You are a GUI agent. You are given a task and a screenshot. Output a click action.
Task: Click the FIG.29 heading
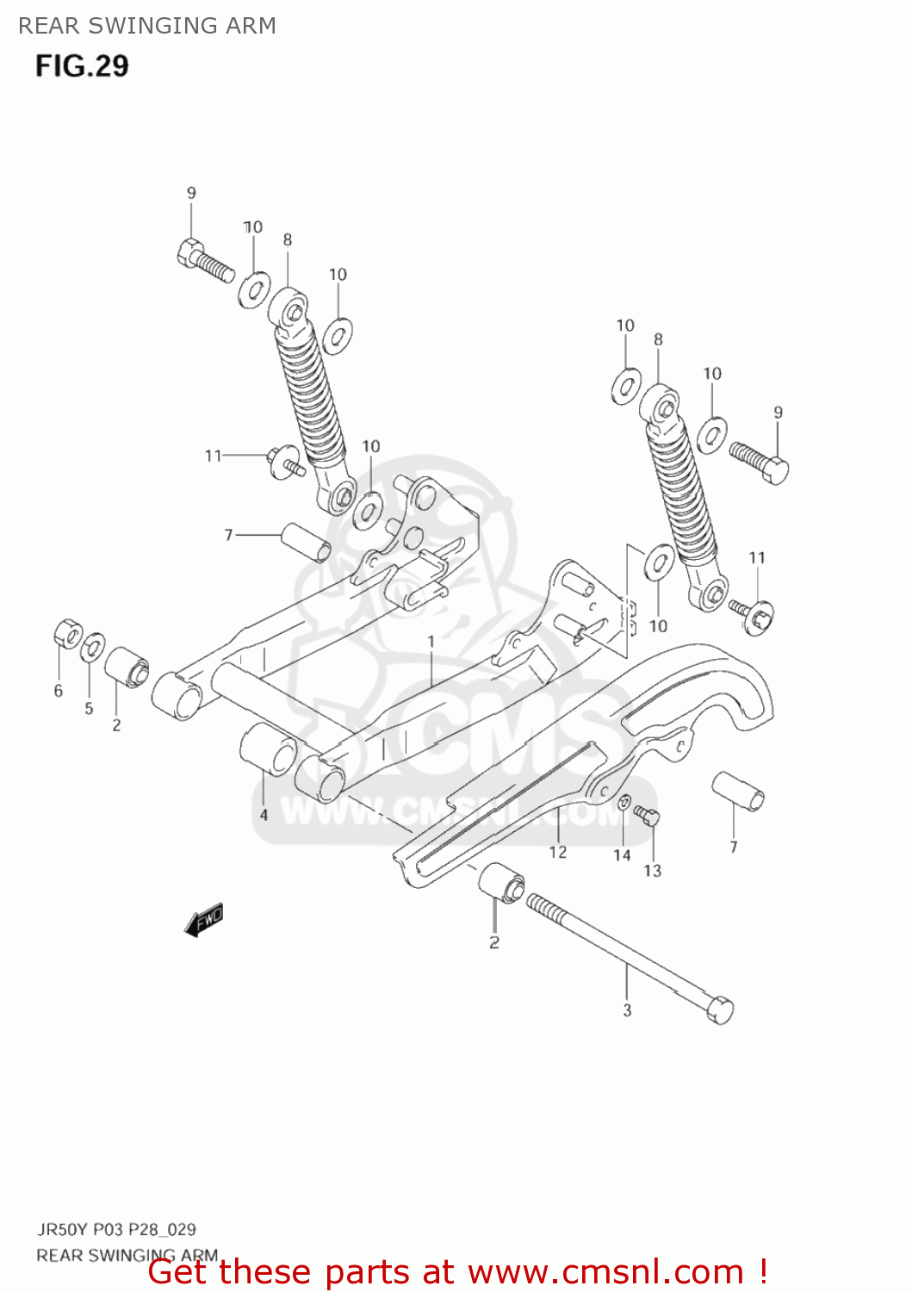pyautogui.click(x=82, y=65)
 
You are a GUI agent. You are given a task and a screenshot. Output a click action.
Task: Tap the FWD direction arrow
pyautogui.click(x=204, y=920)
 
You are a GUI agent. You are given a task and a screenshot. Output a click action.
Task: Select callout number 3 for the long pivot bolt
pyautogui.click(x=627, y=1010)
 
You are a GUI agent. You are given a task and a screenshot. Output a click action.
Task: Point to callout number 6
pyautogui.click(x=59, y=691)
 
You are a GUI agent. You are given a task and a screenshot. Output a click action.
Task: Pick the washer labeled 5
pyautogui.click(x=93, y=646)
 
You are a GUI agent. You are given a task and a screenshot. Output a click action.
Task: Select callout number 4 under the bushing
pyautogui.click(x=264, y=815)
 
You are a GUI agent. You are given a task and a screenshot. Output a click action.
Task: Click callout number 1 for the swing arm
pyautogui.click(x=431, y=642)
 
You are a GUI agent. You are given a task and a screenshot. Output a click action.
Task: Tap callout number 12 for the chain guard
pyautogui.click(x=558, y=852)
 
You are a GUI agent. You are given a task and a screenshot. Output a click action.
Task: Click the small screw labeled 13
pyautogui.click(x=648, y=814)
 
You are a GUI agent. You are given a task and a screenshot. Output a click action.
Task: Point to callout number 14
pyautogui.click(x=622, y=855)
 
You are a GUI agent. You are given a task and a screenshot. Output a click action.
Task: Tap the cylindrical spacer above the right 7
pyautogui.click(x=738, y=792)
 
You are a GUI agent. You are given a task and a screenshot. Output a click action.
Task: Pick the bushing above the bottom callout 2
pyautogui.click(x=501, y=883)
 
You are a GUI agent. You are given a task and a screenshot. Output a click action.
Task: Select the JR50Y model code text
pyautogui.click(x=61, y=1229)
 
